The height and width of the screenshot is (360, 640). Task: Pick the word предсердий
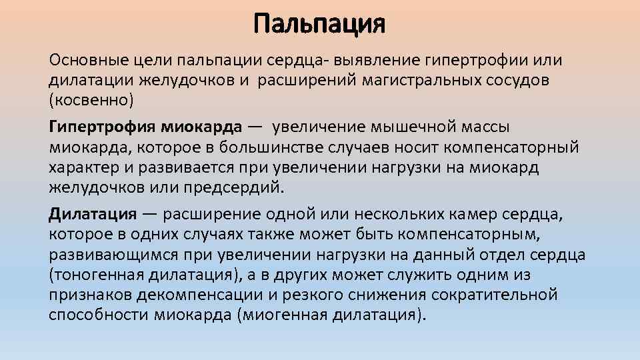pos(239,187)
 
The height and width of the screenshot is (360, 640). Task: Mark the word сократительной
pos(495,295)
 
